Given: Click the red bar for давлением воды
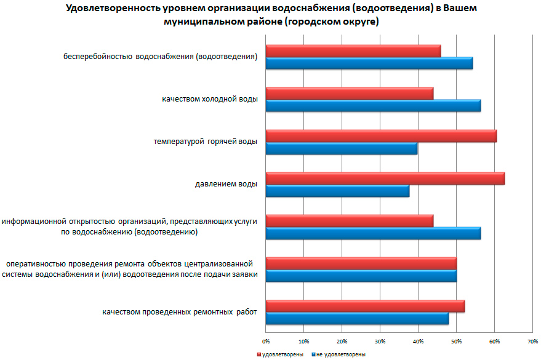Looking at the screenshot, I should coord(385,178).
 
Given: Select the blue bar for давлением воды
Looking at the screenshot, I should coord(337,191).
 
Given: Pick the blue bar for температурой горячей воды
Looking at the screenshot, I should coord(341,149).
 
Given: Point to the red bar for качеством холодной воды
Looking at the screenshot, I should coord(349,94).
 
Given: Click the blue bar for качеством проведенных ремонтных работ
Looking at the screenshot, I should coord(357,319).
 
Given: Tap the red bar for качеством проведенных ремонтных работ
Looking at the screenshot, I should coord(365,306).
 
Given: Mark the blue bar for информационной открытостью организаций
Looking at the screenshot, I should coord(373,234).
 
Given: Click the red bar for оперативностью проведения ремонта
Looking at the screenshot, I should coord(361,263).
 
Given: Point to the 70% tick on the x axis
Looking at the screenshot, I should coord(533,340).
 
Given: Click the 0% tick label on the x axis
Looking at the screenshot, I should coord(266,340).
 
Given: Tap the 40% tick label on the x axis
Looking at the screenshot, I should coord(419,340).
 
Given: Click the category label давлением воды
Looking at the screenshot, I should coord(226,183).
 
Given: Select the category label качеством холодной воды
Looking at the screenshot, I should coord(210,99).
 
